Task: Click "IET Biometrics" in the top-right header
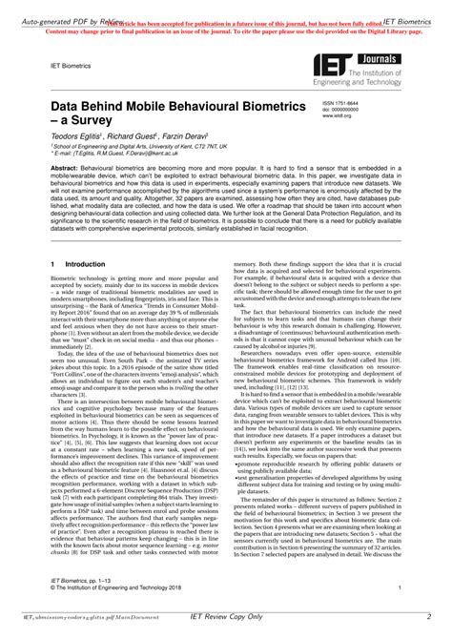click(x=419, y=8)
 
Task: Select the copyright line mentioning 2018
click(x=123, y=588)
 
